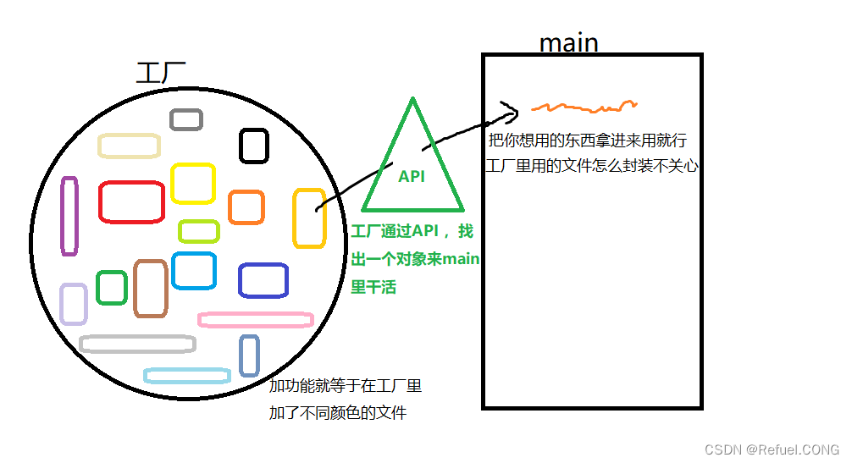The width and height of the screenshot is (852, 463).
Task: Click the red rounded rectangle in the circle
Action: point(131,202)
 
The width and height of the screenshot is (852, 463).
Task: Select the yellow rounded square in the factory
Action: point(192,183)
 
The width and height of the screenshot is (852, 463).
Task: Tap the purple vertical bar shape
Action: point(69,216)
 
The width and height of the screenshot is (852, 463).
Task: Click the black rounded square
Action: point(253,146)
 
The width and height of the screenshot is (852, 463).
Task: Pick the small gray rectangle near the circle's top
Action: point(185,119)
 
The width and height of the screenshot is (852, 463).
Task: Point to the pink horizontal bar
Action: point(255,320)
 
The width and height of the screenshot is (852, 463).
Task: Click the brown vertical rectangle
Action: point(151,289)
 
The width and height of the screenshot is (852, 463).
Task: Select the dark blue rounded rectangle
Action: point(263,280)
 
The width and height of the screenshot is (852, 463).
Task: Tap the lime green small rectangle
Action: point(199,230)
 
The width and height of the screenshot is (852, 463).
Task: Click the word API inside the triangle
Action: point(412,177)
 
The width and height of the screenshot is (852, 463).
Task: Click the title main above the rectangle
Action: point(568,42)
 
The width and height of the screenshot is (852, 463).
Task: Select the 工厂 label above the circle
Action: point(161,73)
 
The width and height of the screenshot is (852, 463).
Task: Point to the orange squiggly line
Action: point(584,107)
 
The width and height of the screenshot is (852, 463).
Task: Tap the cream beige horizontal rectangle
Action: point(129,146)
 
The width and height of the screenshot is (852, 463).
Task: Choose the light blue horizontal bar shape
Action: point(187,375)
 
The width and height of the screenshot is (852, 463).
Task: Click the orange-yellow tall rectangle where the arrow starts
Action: point(309,218)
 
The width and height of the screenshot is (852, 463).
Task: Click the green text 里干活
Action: point(373,288)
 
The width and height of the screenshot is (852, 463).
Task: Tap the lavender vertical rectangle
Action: point(74,304)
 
